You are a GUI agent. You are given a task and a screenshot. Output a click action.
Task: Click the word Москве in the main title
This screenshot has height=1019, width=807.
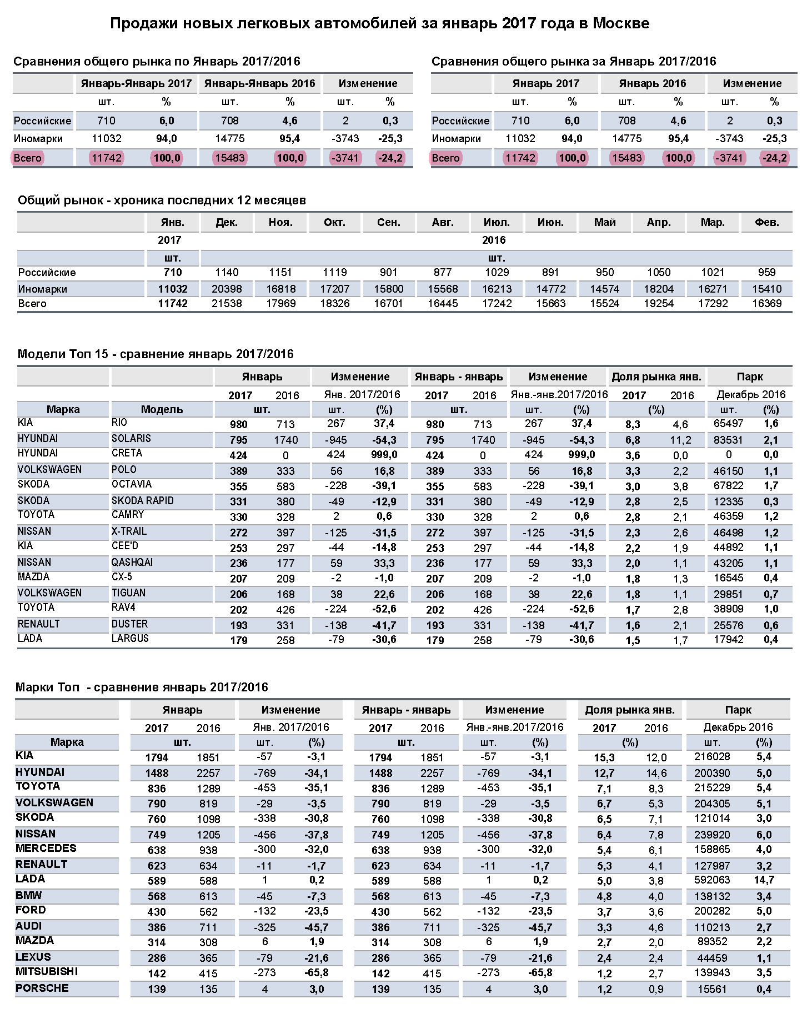tap(621, 23)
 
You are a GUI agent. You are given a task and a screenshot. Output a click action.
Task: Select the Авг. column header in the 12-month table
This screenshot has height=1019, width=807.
tap(443, 223)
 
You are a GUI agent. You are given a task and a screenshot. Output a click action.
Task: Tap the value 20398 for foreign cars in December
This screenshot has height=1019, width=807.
tap(227, 289)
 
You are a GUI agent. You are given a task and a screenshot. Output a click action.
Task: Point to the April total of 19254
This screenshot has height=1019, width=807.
tap(659, 304)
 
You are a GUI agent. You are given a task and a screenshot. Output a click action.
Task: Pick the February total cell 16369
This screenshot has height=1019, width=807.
tap(766, 304)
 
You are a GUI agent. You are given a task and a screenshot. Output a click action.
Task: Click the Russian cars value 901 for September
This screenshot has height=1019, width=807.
tap(389, 273)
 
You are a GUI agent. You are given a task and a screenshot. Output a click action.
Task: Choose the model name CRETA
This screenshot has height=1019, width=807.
tap(127, 453)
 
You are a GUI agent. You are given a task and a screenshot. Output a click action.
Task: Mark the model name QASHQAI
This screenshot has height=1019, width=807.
tap(132, 563)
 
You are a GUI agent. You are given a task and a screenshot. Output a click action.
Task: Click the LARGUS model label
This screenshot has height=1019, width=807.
tap(130, 639)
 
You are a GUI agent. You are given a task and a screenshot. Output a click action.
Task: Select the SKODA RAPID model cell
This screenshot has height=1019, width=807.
tap(143, 501)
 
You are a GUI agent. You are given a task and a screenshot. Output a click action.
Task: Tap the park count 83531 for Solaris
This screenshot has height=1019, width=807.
tap(728, 440)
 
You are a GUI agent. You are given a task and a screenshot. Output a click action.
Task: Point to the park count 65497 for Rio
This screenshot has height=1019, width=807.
tap(728, 424)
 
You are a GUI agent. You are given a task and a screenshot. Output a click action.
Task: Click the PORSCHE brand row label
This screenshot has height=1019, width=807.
tap(42, 988)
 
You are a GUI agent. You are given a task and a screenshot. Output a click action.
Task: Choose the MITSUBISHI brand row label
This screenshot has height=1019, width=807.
tap(47, 972)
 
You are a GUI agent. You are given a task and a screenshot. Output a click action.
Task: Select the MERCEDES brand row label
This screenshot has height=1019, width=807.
tap(46, 849)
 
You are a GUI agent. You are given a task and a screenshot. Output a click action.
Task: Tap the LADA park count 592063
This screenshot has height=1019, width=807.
tap(712, 880)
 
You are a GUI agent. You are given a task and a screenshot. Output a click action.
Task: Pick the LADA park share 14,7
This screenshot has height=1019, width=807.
tap(764, 880)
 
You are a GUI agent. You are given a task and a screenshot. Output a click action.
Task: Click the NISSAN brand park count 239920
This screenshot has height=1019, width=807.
tap(712, 835)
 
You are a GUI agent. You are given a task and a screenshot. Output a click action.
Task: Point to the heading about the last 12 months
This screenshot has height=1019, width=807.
tap(162, 200)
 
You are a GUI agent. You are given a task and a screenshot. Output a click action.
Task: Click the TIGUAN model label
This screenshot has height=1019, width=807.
tap(129, 593)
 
